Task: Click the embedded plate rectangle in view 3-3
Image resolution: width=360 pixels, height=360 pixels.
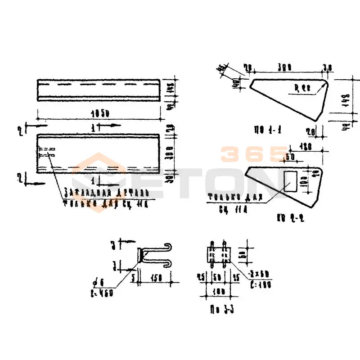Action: click(219, 255)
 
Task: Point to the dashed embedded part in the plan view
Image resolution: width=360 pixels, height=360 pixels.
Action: click(46, 152)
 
